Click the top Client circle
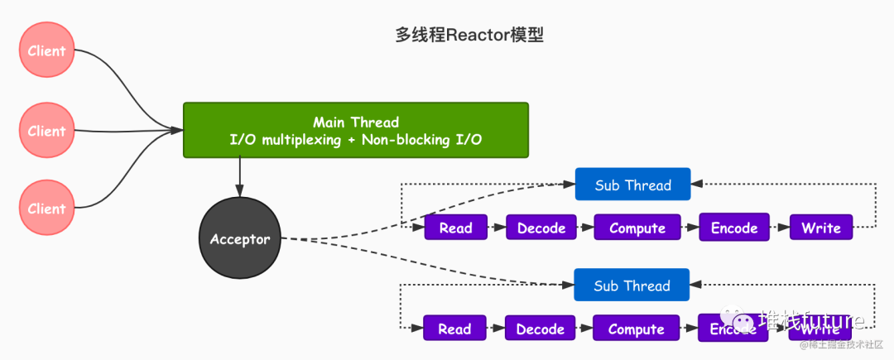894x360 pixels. [47, 50]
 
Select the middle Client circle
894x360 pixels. [47, 131]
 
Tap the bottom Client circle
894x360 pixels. [47, 209]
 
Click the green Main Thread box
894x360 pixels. [355, 131]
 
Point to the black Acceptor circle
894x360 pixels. [240, 239]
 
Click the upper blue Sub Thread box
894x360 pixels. [632, 185]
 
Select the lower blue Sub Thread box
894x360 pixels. [632, 286]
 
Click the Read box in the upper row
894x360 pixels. [455, 228]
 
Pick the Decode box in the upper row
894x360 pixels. [541, 228]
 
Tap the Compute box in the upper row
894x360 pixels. [637, 228]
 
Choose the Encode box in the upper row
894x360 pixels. [734, 228]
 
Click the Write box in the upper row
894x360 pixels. [820, 228]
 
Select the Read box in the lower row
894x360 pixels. [454, 329]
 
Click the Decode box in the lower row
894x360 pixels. [540, 329]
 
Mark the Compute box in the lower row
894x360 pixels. [636, 329]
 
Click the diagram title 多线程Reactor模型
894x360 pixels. [469, 36]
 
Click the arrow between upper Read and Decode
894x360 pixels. [495, 228]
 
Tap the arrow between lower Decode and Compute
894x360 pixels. [583, 329]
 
